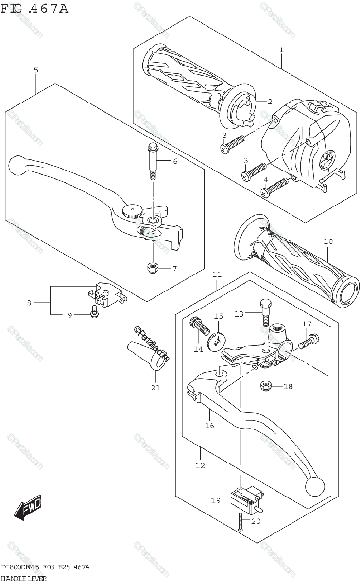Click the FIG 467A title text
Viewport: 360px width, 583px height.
click(x=34, y=8)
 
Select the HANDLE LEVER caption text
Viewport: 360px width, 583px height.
click(x=23, y=578)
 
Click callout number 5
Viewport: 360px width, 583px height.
click(x=35, y=70)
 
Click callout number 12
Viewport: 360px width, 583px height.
click(x=200, y=465)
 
